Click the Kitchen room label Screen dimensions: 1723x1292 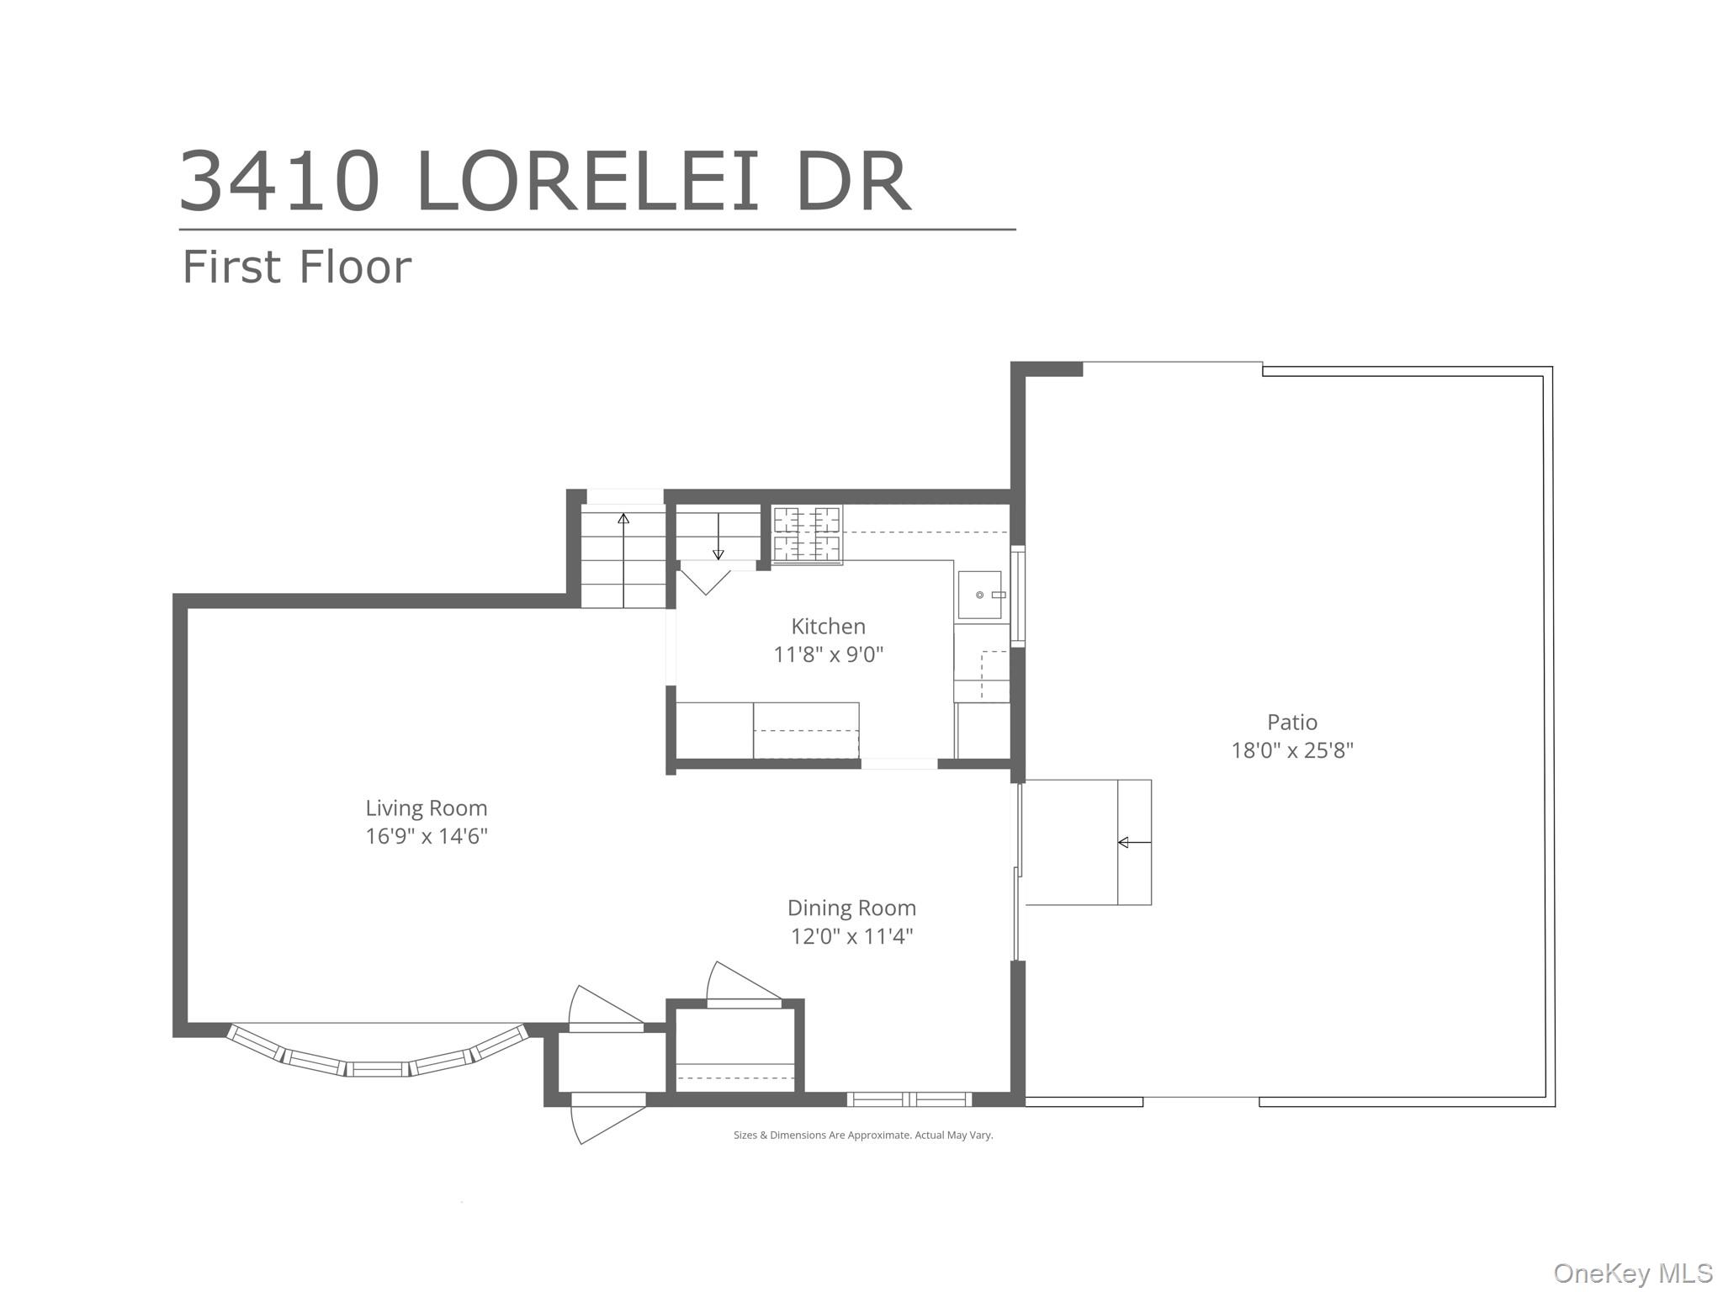pyautogui.click(x=828, y=626)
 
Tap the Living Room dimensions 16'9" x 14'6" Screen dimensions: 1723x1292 pyautogui.click(x=427, y=836)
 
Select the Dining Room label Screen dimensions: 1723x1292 pyautogui.click(x=851, y=908)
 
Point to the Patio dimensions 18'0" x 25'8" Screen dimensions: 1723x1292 pyautogui.click(x=1292, y=750)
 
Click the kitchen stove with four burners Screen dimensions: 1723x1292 pyautogui.click(x=807, y=534)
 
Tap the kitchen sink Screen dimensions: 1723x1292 pyautogui.click(x=981, y=595)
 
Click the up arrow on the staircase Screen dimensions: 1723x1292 pyautogui.click(x=623, y=559)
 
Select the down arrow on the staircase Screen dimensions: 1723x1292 pyautogui.click(x=718, y=536)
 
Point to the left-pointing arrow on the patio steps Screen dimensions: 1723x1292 pyautogui.click(x=1134, y=842)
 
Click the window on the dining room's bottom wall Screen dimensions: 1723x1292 pyautogui.click(x=909, y=1099)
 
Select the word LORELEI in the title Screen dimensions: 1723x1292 pyautogui.click(x=587, y=182)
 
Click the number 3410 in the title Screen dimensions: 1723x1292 pyautogui.click(x=279, y=182)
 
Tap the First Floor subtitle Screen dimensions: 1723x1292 pyautogui.click(x=297, y=267)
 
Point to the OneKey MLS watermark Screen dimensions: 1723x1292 pyautogui.click(x=1633, y=1273)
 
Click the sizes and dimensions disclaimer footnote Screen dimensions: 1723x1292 pyautogui.click(x=863, y=1136)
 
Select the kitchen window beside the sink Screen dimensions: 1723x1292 pyautogui.click(x=1017, y=596)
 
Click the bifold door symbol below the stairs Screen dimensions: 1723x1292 pyautogui.click(x=705, y=582)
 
